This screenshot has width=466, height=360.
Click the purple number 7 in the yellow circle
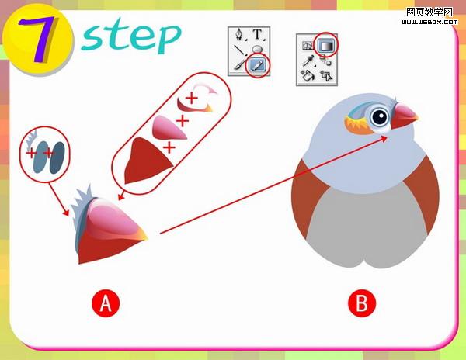point(37,39)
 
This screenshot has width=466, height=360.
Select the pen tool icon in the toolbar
point(239,35)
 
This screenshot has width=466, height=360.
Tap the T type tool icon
point(258,34)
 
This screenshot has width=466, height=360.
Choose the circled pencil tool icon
point(257,65)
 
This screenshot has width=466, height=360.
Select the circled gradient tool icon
point(326,45)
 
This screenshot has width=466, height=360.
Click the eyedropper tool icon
point(308,61)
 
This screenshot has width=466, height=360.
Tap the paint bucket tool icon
point(307,75)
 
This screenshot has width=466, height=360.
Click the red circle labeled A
point(106,303)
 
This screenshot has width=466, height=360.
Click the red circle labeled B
point(362,303)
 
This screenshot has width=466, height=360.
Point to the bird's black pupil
point(379,117)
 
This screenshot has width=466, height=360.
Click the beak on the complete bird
point(404,116)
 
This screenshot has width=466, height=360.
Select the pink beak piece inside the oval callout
point(168,127)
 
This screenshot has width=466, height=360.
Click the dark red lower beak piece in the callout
point(146,161)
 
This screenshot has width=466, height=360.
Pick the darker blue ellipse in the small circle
point(57,157)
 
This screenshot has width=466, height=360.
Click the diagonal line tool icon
point(239,50)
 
